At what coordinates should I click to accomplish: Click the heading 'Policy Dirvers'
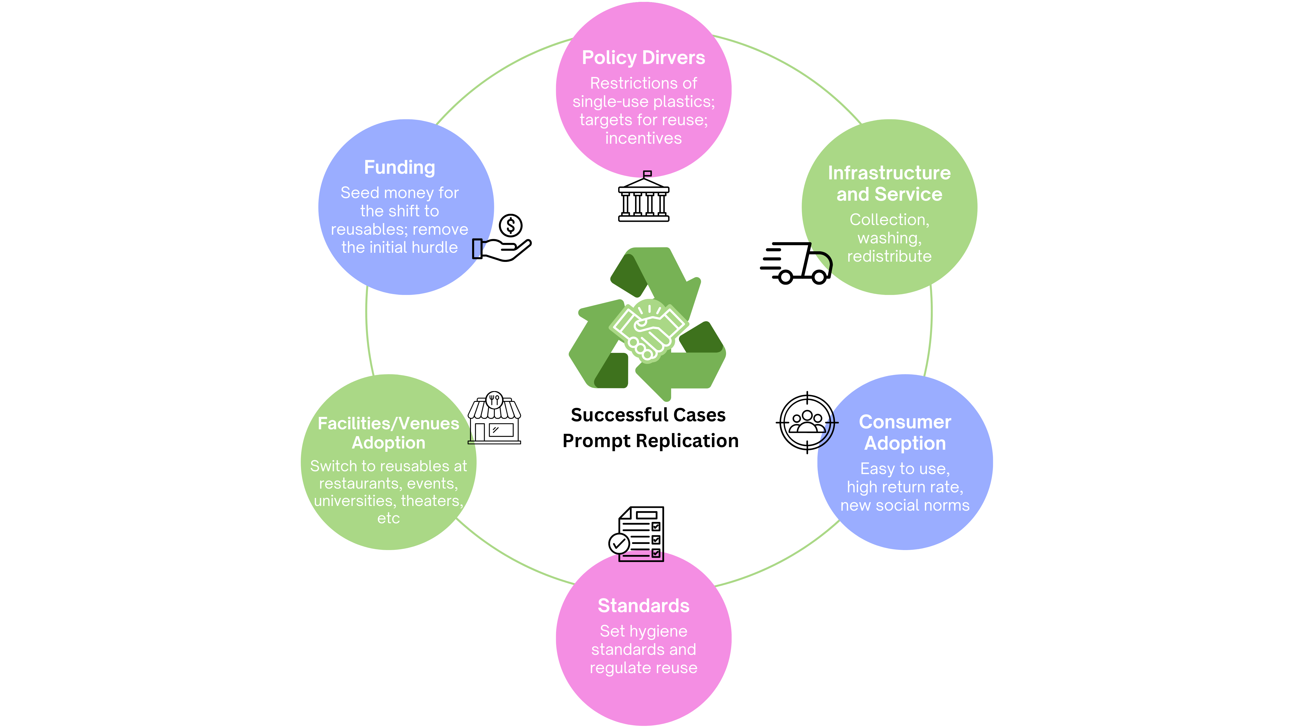643,58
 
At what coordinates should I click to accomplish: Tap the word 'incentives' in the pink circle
643,138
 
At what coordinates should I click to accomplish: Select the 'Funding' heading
399,167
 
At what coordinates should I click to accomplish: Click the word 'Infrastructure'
889,173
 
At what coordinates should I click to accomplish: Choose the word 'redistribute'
889,256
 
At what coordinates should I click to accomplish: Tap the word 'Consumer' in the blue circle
905,422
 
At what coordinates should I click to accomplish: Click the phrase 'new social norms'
905,505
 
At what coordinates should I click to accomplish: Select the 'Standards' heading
643,606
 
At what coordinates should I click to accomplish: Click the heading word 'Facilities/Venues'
388,423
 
